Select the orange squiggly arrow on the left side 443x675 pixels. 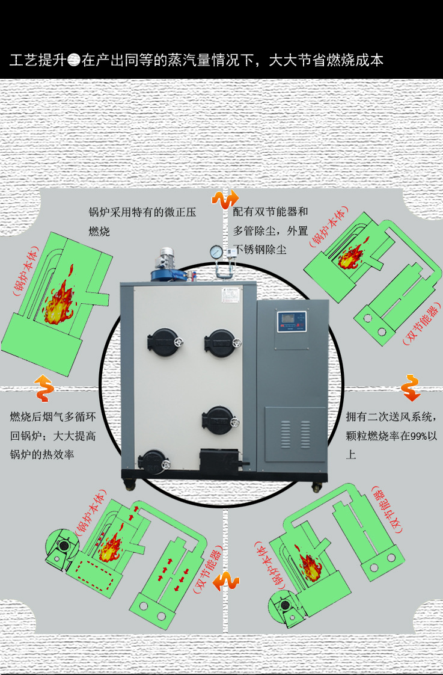pos(43,388)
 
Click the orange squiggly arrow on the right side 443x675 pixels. pos(411,388)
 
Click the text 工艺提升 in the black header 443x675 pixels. pos(37,61)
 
